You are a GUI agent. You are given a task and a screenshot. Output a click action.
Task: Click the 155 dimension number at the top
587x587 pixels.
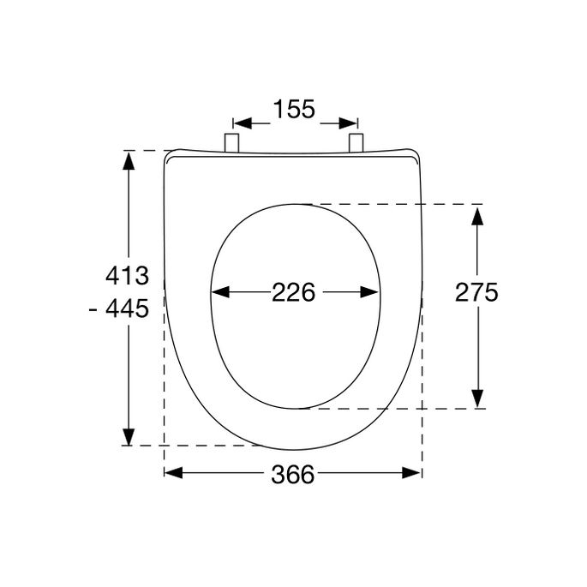pyautogui.click(x=295, y=110)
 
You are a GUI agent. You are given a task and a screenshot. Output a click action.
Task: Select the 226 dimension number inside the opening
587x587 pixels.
pyautogui.click(x=294, y=292)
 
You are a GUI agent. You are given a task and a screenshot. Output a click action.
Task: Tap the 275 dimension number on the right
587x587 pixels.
pyautogui.click(x=476, y=292)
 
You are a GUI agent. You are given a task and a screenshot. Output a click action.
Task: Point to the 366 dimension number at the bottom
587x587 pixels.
pyautogui.click(x=292, y=474)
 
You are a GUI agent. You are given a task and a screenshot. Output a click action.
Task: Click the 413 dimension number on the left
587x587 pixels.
pyautogui.click(x=127, y=276)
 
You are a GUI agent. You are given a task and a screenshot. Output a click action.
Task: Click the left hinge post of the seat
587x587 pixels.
pyautogui.click(x=231, y=144)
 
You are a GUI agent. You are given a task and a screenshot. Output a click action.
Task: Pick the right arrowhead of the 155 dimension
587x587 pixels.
pyautogui.click(x=348, y=122)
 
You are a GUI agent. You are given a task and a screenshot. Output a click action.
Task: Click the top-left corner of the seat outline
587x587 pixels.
pyautogui.click(x=167, y=154)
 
